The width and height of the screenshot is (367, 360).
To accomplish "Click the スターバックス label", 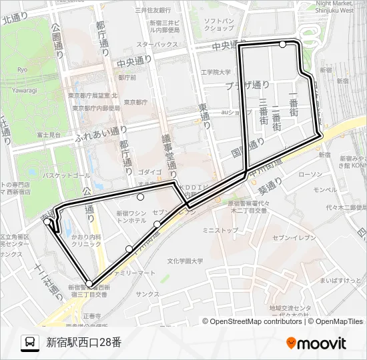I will (x=157, y=44).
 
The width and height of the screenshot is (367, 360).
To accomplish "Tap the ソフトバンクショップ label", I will (x=218, y=25).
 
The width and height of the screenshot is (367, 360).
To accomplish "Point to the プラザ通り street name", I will (x=247, y=85).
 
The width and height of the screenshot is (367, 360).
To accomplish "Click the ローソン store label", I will (x=310, y=175).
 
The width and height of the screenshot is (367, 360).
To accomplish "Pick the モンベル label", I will (x=325, y=189).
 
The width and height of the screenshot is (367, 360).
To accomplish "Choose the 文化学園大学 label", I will (x=185, y=261).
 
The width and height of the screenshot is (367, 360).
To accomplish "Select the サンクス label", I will (x=147, y=293).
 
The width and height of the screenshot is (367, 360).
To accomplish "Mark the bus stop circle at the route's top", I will (x=283, y=45).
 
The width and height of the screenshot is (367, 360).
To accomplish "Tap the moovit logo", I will (x=316, y=343).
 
